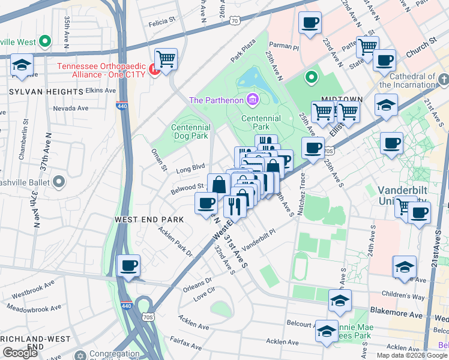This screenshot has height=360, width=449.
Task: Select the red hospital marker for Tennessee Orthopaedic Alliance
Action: [154, 71]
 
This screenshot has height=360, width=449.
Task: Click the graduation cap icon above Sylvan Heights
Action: [22, 65]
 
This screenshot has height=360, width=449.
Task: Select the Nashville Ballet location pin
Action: [59, 181]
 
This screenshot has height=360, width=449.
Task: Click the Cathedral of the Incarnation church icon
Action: [443, 79]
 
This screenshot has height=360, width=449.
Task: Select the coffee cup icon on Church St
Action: [384, 60]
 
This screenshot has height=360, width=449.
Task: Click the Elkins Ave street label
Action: [100, 91]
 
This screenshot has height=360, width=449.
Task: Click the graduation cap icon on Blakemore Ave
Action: [340, 300]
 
